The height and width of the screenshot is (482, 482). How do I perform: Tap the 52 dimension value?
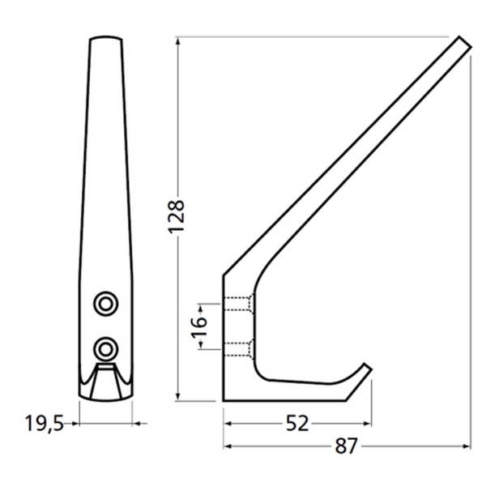(x=298, y=423)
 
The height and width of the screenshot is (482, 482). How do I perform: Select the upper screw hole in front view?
(x=104, y=302)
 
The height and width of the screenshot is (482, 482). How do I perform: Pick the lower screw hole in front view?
(x=104, y=348)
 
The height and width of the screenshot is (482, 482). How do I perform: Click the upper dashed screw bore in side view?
(x=238, y=305)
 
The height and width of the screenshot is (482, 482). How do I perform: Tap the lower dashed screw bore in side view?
(x=238, y=350)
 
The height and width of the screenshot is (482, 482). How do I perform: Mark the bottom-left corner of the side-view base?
(x=224, y=400)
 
